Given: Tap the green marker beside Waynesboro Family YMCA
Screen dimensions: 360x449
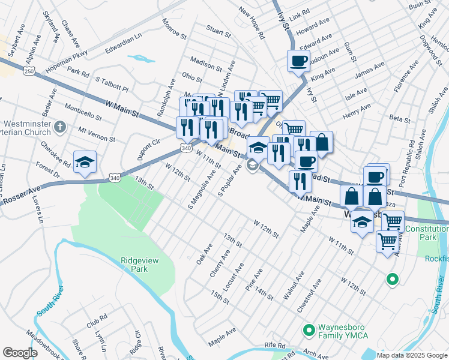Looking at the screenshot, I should [310, 330].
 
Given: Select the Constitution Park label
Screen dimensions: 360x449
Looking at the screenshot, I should [427, 233].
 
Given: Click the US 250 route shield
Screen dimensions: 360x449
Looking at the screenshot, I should [29, 71].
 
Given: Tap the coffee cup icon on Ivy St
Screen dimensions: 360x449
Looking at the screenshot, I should [298, 61].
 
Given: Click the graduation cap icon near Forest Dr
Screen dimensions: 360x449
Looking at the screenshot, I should [85, 161].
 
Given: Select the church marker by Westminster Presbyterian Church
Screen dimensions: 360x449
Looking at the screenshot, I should [59, 127].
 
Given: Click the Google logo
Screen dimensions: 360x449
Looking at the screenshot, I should [20, 353].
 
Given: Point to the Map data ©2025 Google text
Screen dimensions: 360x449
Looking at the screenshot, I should [411, 355].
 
